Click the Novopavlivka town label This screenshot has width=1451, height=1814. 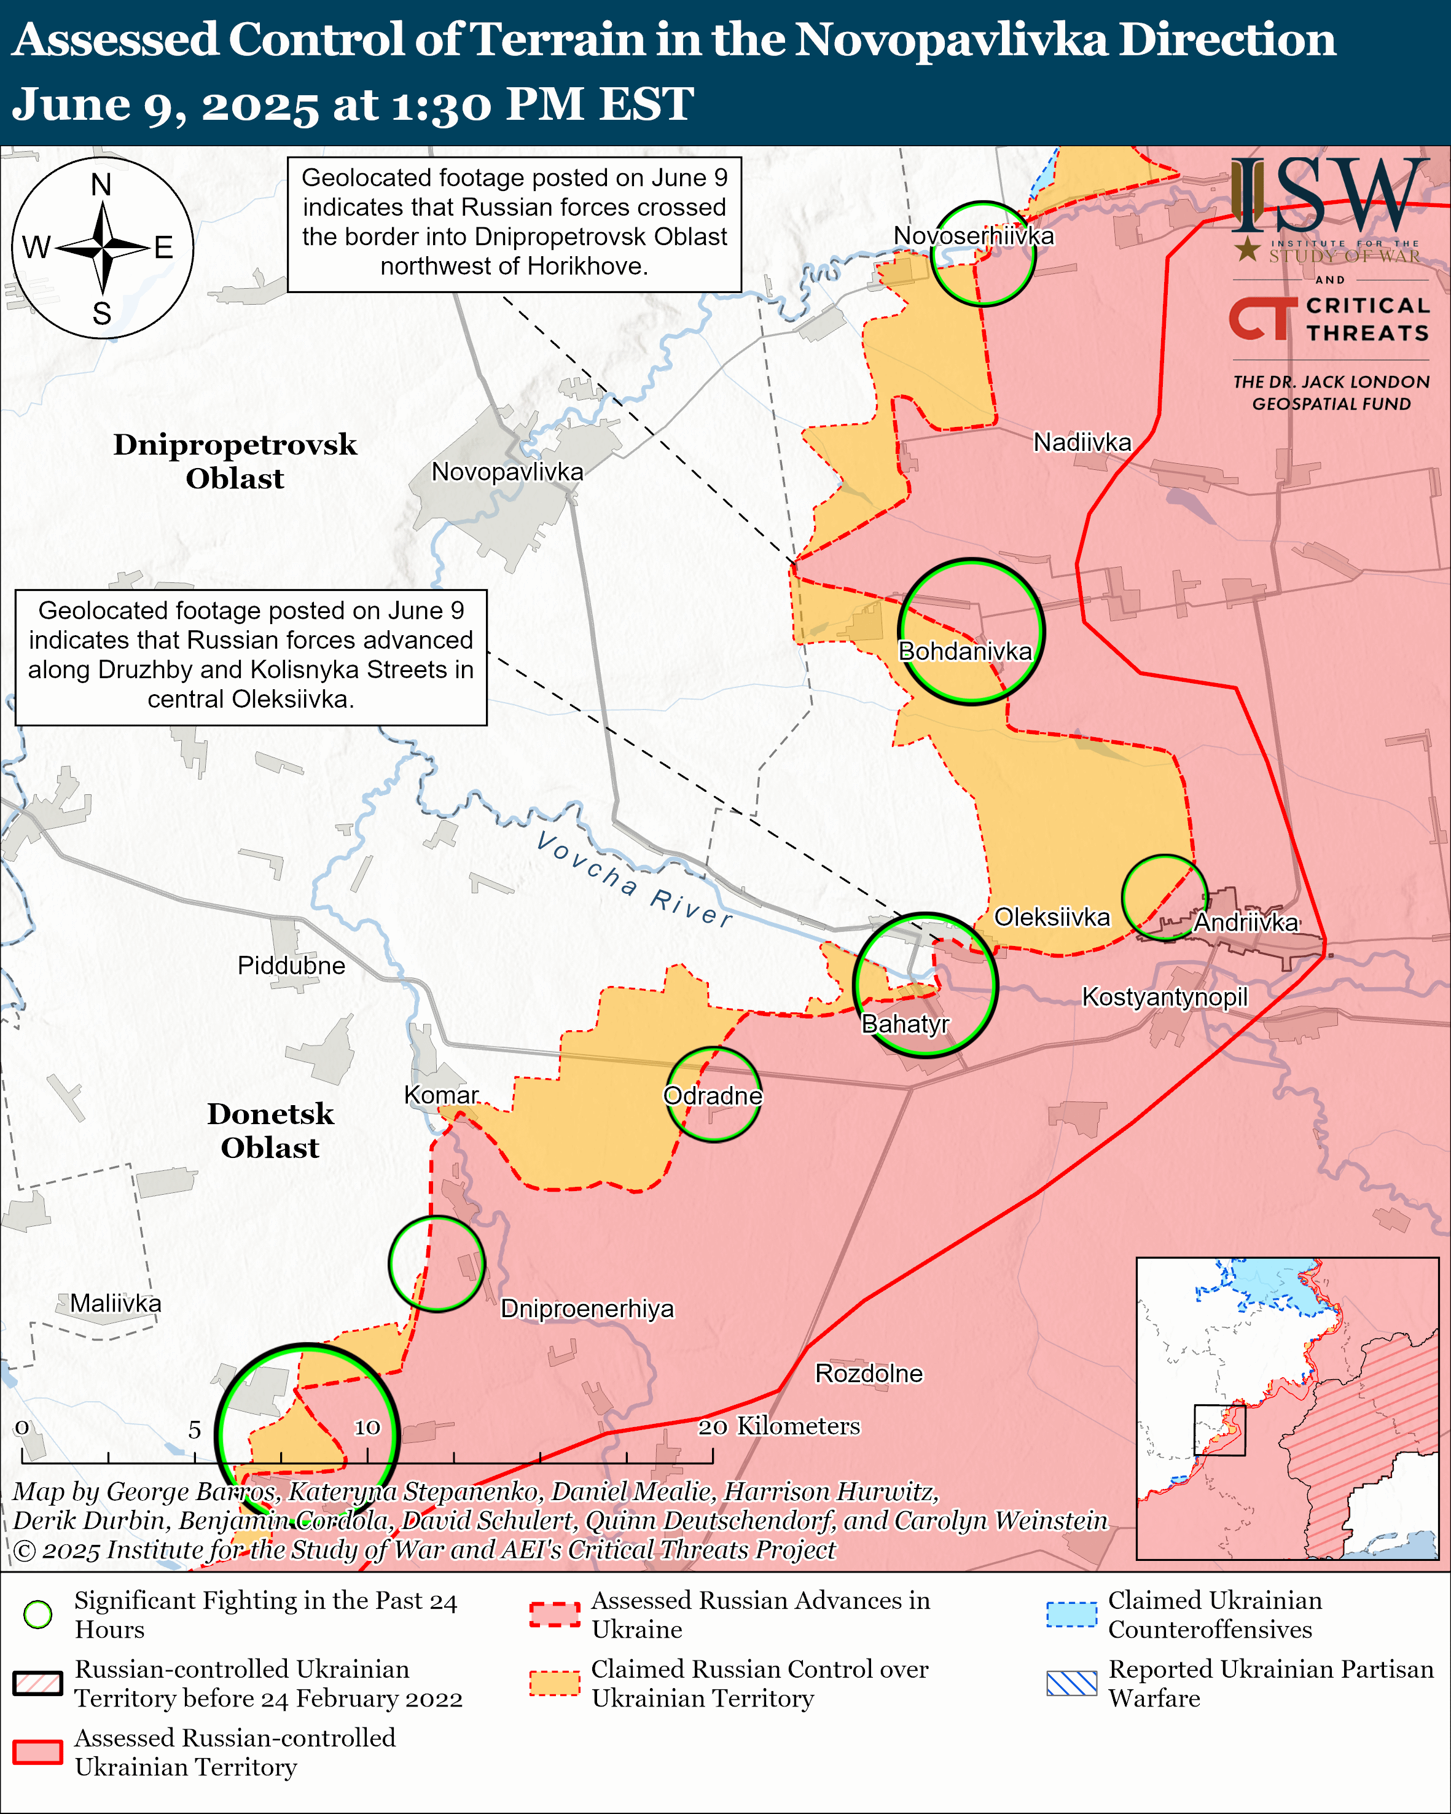coord(507,472)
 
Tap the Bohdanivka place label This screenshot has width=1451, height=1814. coord(965,651)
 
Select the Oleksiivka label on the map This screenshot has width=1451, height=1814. coord(1052,917)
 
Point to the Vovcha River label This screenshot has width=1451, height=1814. coord(634,879)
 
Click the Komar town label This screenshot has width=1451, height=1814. coord(441,1095)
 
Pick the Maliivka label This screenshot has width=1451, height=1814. coord(115,1304)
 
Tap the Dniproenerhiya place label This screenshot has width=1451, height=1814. coord(587,1308)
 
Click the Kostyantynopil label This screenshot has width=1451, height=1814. coord(1164,997)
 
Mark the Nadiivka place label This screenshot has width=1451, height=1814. coord(1082,442)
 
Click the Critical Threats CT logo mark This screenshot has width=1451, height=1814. coord(1262,318)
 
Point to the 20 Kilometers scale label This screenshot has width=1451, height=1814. coord(779,1426)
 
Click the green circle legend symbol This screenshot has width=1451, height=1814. coord(38,1613)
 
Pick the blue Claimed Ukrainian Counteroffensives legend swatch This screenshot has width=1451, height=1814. coord(1071,1613)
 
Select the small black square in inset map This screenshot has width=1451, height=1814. coord(1219,1429)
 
